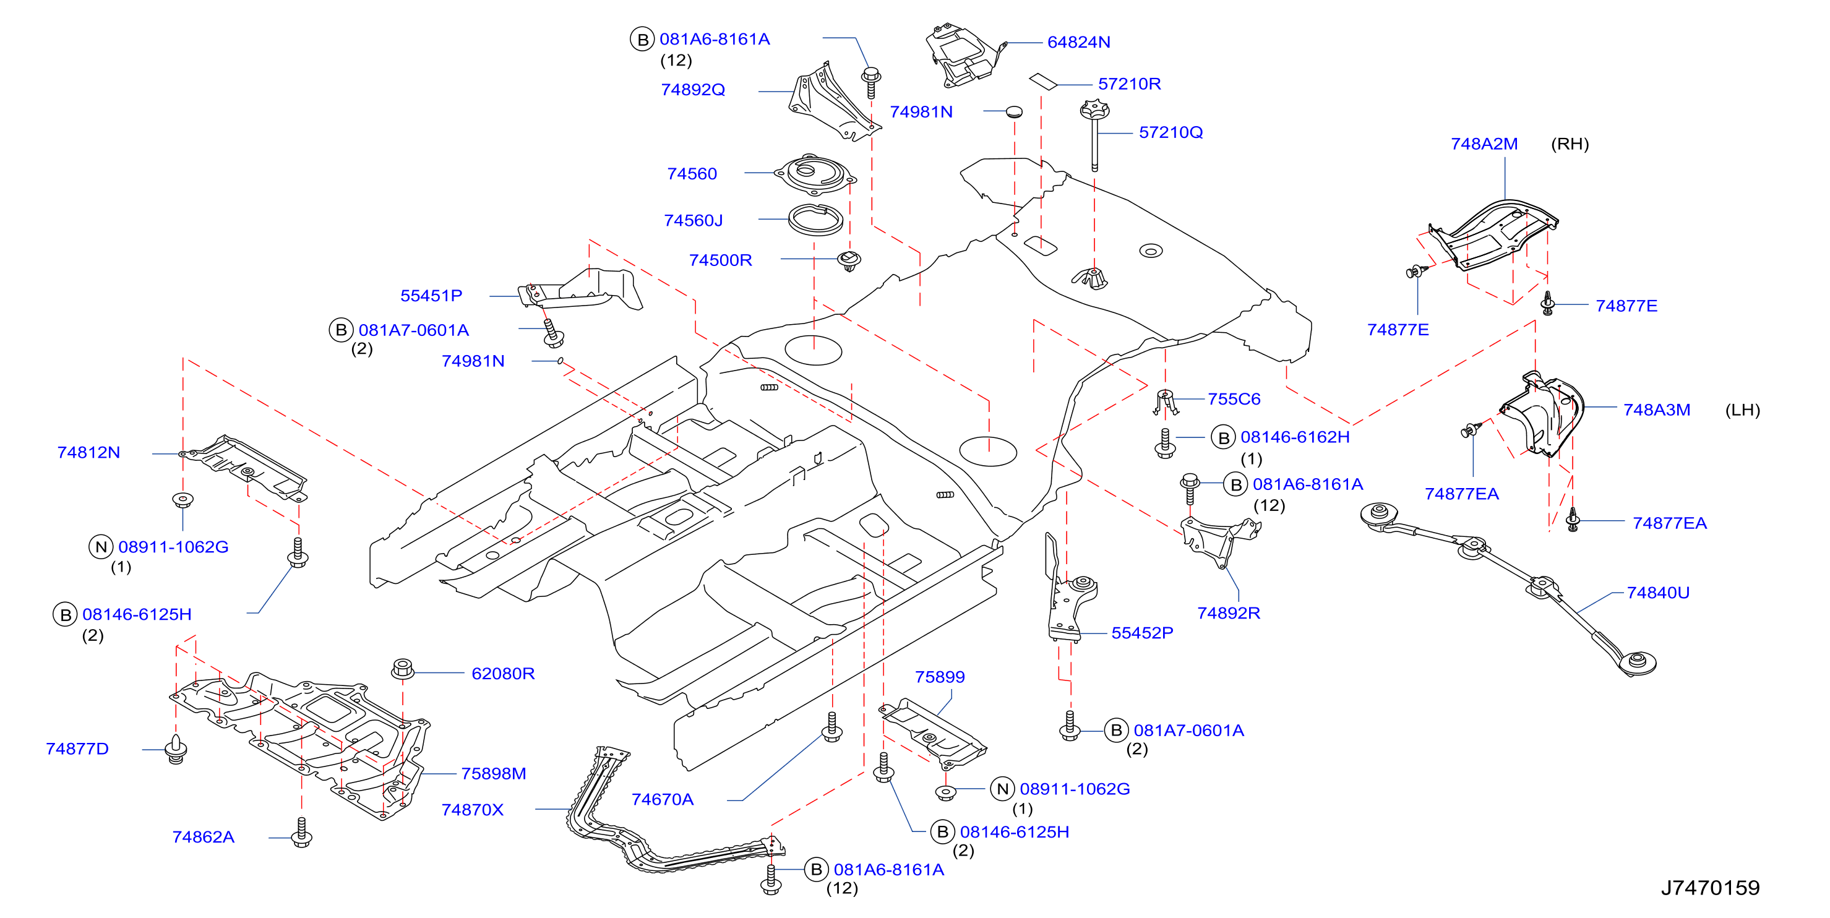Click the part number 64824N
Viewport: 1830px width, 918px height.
(1078, 42)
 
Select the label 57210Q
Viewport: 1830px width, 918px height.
(1171, 132)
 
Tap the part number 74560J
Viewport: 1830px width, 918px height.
(694, 220)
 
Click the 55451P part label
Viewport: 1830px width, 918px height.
(431, 296)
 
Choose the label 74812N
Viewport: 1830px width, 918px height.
(89, 452)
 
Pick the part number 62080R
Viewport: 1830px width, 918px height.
(503, 673)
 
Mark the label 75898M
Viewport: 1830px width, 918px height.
(494, 773)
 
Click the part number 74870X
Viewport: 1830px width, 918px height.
(473, 809)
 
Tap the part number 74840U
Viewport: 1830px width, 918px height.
(1658, 592)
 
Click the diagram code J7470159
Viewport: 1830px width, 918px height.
(1710, 888)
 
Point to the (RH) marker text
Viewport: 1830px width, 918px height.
(1570, 144)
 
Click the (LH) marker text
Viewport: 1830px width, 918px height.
(1743, 410)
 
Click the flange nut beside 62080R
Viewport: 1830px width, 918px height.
(403, 669)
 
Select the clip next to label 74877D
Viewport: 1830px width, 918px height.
(176, 749)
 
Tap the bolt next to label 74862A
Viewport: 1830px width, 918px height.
(301, 833)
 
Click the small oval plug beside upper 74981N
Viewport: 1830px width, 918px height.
(1015, 111)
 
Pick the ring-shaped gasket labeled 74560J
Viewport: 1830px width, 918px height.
(815, 220)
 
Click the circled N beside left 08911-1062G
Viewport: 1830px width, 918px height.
(101, 546)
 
